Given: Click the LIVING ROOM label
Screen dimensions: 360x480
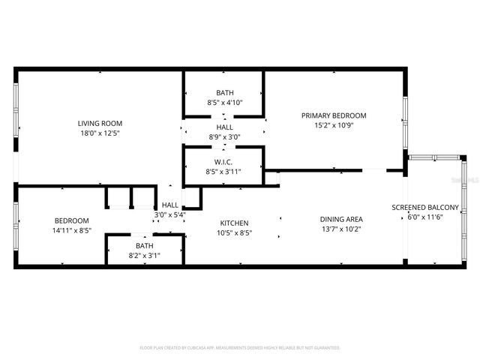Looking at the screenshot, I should click(100, 123).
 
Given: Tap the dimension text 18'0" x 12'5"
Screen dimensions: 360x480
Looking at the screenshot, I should click(100, 133).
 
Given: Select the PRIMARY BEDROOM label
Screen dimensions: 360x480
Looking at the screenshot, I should click(334, 115).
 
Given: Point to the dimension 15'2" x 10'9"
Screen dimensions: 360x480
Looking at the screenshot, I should click(334, 125).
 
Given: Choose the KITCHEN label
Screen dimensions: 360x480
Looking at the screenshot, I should click(234, 223).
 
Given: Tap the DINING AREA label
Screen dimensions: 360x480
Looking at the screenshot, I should click(341, 219).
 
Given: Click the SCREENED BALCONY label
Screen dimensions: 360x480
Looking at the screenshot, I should click(425, 207).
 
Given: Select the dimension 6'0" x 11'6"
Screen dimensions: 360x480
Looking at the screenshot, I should click(425, 217).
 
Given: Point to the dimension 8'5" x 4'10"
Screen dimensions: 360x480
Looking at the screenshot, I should click(224, 102).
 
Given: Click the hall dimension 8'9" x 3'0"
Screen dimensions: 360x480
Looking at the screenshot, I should click(224, 137).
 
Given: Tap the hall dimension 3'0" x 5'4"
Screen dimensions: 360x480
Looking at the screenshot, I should click(170, 214).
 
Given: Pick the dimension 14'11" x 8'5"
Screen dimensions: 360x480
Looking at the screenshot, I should click(72, 230).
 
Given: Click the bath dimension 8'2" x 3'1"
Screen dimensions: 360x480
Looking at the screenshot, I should click(144, 256).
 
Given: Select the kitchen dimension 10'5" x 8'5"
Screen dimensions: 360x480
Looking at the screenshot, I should click(234, 232).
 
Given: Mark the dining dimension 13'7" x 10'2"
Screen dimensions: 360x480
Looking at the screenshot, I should click(341, 229).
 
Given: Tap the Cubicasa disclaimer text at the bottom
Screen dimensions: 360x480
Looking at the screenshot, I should click(240, 348).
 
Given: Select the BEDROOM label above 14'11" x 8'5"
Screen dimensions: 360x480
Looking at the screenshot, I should click(72, 220).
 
